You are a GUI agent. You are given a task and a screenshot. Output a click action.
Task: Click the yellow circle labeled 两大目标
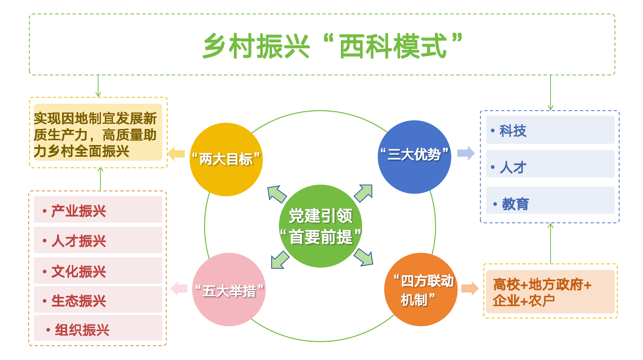pos(226,160)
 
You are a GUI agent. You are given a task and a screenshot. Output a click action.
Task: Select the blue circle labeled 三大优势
pos(414,157)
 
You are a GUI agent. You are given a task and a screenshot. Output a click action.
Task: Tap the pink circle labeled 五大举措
pos(229,289)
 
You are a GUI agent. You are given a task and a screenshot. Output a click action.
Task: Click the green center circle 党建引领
pos(321,226)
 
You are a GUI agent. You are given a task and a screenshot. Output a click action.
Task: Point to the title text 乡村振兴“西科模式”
pos(332,46)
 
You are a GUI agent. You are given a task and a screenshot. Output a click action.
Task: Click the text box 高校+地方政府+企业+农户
pos(550,292)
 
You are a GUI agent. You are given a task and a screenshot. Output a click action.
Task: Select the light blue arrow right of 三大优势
pos(466,153)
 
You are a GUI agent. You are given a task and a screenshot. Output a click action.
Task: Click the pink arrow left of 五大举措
pos(179,288)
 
